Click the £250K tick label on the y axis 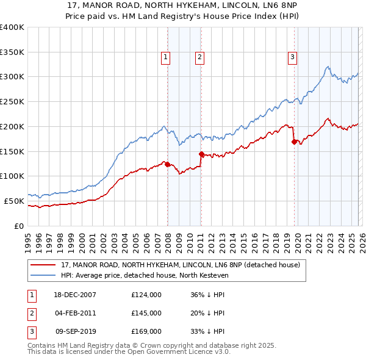(12, 101)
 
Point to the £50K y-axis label (14, 201)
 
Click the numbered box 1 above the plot (165, 57)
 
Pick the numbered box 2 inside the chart (199, 57)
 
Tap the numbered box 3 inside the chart (292, 57)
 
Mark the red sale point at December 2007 (167, 164)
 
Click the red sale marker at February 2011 (201, 154)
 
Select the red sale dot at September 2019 (294, 142)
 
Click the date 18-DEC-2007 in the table (74, 295)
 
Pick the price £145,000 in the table (146, 313)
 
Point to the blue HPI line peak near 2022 (328, 67)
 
